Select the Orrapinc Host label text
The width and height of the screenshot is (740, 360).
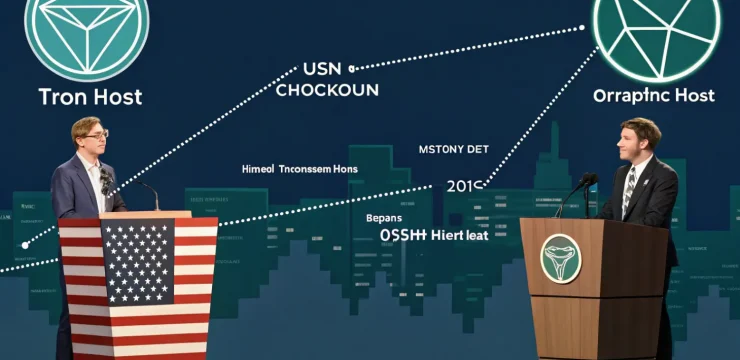click(654, 96)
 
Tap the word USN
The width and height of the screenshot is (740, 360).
click(321, 70)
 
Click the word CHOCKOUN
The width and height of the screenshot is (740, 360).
click(327, 90)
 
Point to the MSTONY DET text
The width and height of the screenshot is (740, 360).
click(454, 149)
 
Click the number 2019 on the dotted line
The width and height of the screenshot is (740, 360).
click(465, 186)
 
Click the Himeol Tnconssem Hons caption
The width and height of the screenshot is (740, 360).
click(300, 169)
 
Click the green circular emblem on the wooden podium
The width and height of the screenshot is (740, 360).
click(561, 258)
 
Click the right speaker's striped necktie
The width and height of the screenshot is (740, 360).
click(628, 191)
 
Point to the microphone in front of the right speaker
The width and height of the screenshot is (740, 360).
click(584, 183)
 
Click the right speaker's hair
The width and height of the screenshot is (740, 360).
click(641, 128)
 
